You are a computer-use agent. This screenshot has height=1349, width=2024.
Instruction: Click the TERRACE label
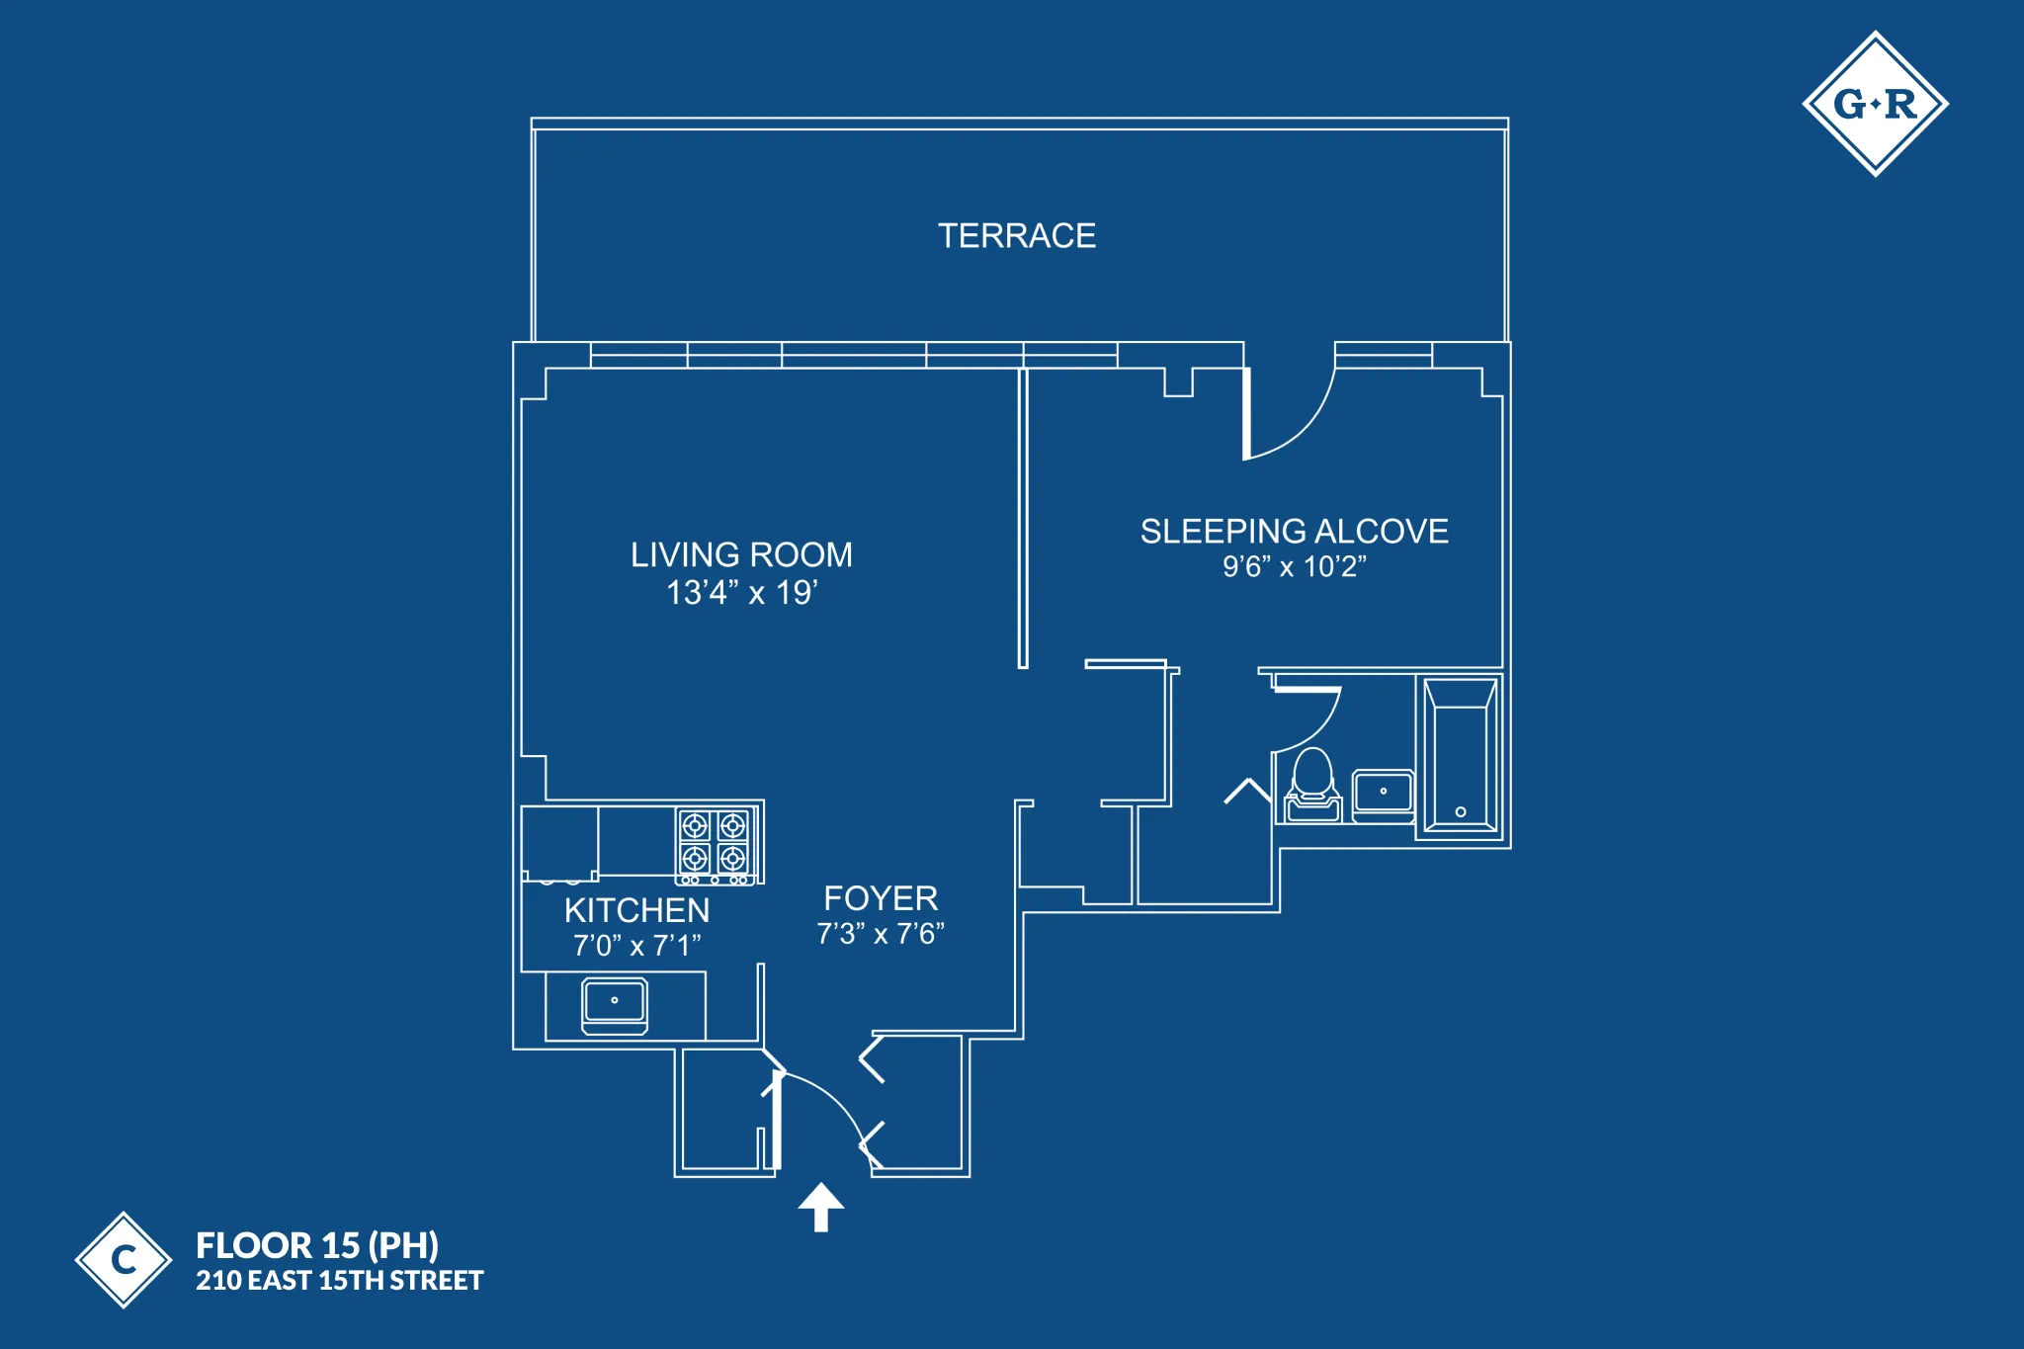[1016, 236]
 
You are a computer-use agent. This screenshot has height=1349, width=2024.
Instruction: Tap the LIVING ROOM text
[741, 554]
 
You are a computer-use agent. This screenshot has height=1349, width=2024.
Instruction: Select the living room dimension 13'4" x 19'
[741, 593]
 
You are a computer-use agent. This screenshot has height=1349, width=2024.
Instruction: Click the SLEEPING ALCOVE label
[1294, 532]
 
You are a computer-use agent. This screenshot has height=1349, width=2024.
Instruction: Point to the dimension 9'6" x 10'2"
[1294, 567]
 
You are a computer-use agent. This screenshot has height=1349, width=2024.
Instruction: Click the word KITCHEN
[636, 910]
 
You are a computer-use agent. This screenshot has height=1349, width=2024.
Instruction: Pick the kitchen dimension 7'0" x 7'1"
[636, 946]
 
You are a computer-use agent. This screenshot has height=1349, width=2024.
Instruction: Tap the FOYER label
[881, 898]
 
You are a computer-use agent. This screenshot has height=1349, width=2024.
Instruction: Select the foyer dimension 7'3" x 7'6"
[881, 934]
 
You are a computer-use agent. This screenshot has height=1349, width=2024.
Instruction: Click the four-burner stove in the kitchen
[715, 843]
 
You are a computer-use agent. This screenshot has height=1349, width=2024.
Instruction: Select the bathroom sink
[1383, 795]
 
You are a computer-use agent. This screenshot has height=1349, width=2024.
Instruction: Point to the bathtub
[1460, 757]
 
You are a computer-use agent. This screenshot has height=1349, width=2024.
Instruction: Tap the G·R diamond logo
[1875, 104]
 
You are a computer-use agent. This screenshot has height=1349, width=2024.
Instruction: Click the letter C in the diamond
[124, 1260]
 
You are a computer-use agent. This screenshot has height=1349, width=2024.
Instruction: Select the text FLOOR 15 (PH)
[317, 1245]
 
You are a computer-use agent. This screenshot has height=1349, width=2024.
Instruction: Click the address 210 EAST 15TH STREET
[339, 1281]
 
